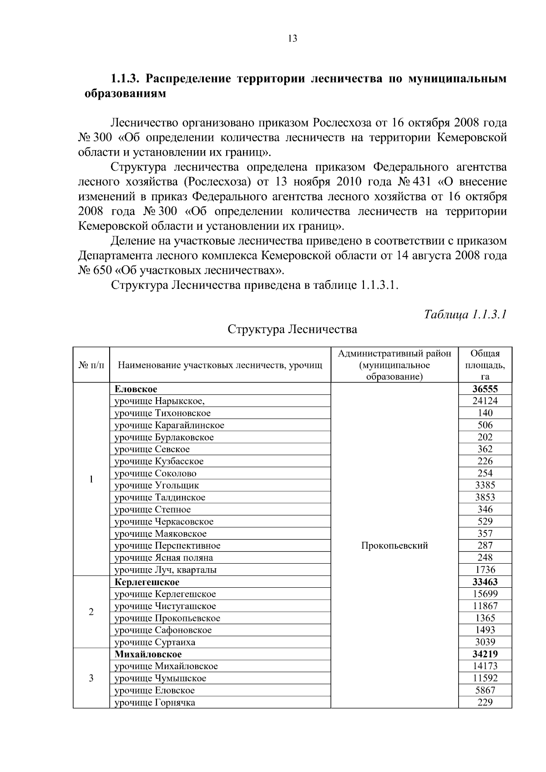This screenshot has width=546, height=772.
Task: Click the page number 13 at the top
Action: click(x=293, y=39)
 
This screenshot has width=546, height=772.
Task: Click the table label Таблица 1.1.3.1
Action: click(x=465, y=314)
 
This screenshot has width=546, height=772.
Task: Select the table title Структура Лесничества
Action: click(x=292, y=329)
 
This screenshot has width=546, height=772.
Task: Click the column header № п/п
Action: click(x=91, y=365)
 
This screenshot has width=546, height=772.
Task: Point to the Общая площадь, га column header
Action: click(x=485, y=365)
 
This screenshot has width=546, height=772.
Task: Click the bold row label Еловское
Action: click(x=136, y=389)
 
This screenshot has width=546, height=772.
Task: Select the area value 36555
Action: click(x=485, y=389)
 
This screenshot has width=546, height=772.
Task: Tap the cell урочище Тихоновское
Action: click(x=162, y=413)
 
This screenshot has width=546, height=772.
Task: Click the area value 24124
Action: click(x=485, y=401)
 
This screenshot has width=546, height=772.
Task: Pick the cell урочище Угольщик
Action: click(x=157, y=485)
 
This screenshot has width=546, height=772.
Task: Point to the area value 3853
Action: click(x=485, y=497)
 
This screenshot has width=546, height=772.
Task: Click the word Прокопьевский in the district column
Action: click(x=394, y=545)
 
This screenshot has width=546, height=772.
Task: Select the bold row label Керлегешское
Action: click(x=147, y=582)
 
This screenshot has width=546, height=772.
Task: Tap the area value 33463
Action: click(x=485, y=582)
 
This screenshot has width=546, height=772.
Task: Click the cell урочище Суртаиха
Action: click(x=155, y=642)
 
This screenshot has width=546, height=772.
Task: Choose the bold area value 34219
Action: click(x=485, y=654)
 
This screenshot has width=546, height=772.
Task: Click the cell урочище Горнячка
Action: click(x=155, y=702)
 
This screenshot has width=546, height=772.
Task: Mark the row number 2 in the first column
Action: click(x=91, y=612)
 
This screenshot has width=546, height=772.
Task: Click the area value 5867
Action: click(x=485, y=690)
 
